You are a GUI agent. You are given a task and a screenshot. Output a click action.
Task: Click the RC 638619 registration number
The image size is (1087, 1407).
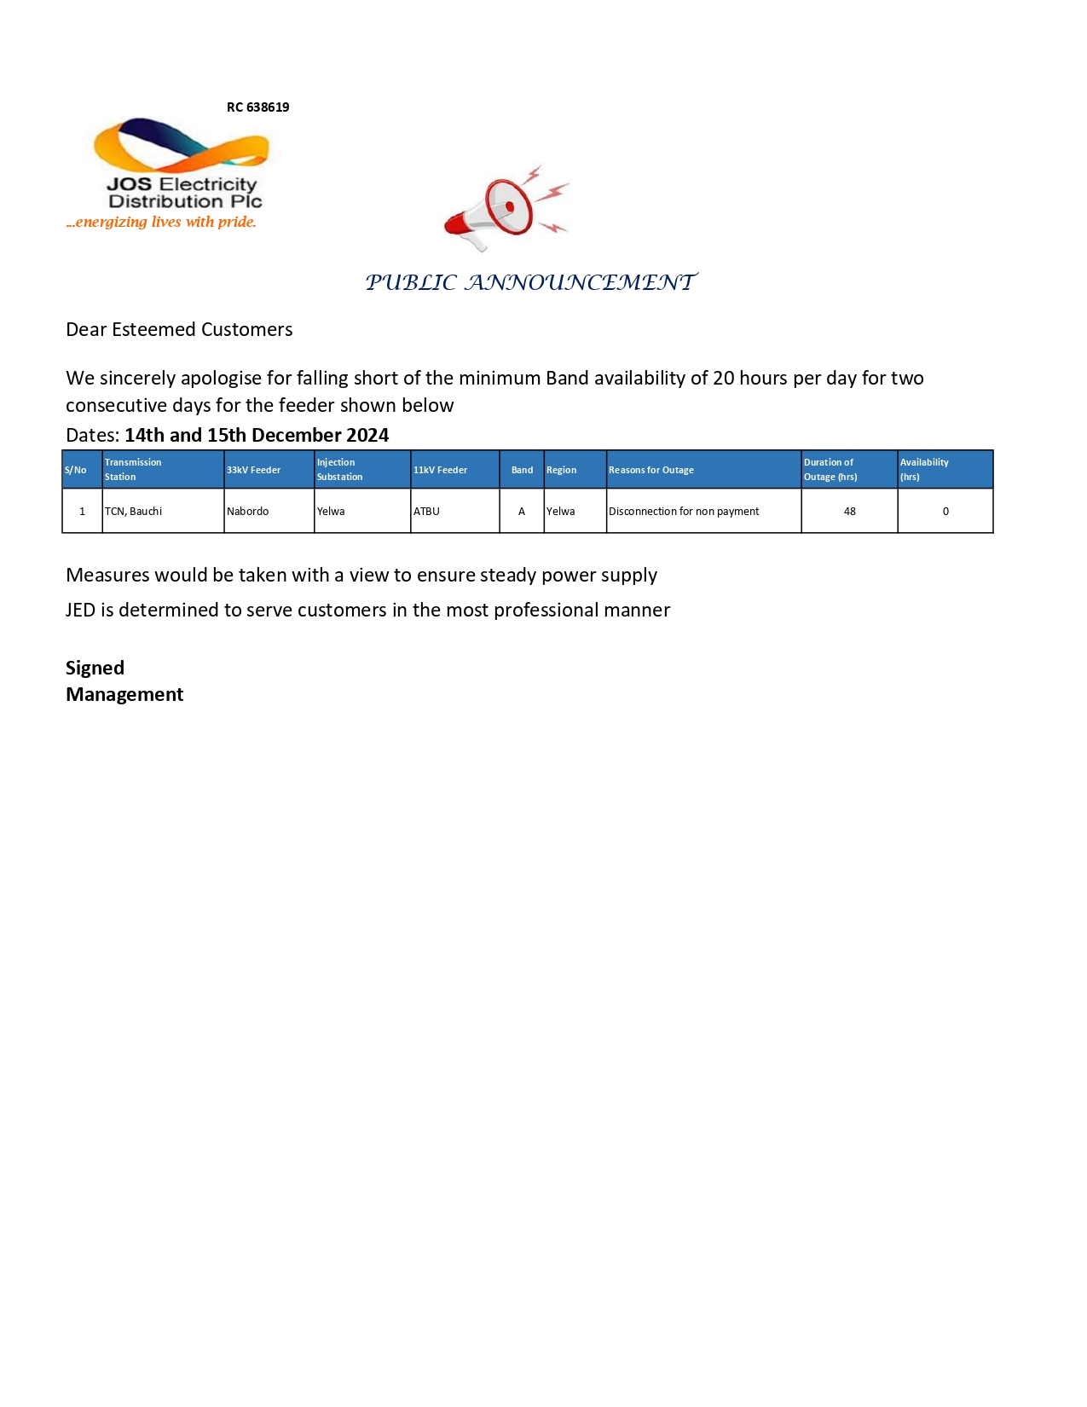pos(257,107)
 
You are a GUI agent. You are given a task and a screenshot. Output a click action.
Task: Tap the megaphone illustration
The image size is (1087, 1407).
pos(503,208)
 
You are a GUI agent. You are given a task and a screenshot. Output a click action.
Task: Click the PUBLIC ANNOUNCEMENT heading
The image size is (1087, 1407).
pos(531,282)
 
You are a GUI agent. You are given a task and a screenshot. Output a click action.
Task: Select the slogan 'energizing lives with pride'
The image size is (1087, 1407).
pos(161,222)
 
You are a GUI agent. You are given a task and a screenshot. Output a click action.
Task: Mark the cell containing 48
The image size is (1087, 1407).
pos(849,511)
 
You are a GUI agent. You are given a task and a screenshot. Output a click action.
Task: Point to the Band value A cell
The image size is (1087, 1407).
pos(522,511)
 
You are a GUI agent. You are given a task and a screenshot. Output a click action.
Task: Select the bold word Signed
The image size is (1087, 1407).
pos(95,668)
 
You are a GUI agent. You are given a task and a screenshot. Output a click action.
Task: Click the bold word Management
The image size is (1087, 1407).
pos(124,694)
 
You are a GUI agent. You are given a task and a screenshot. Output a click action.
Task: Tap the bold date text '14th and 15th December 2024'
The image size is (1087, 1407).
pos(257,435)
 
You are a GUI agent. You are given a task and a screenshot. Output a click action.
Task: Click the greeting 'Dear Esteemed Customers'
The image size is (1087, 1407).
pos(179,329)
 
